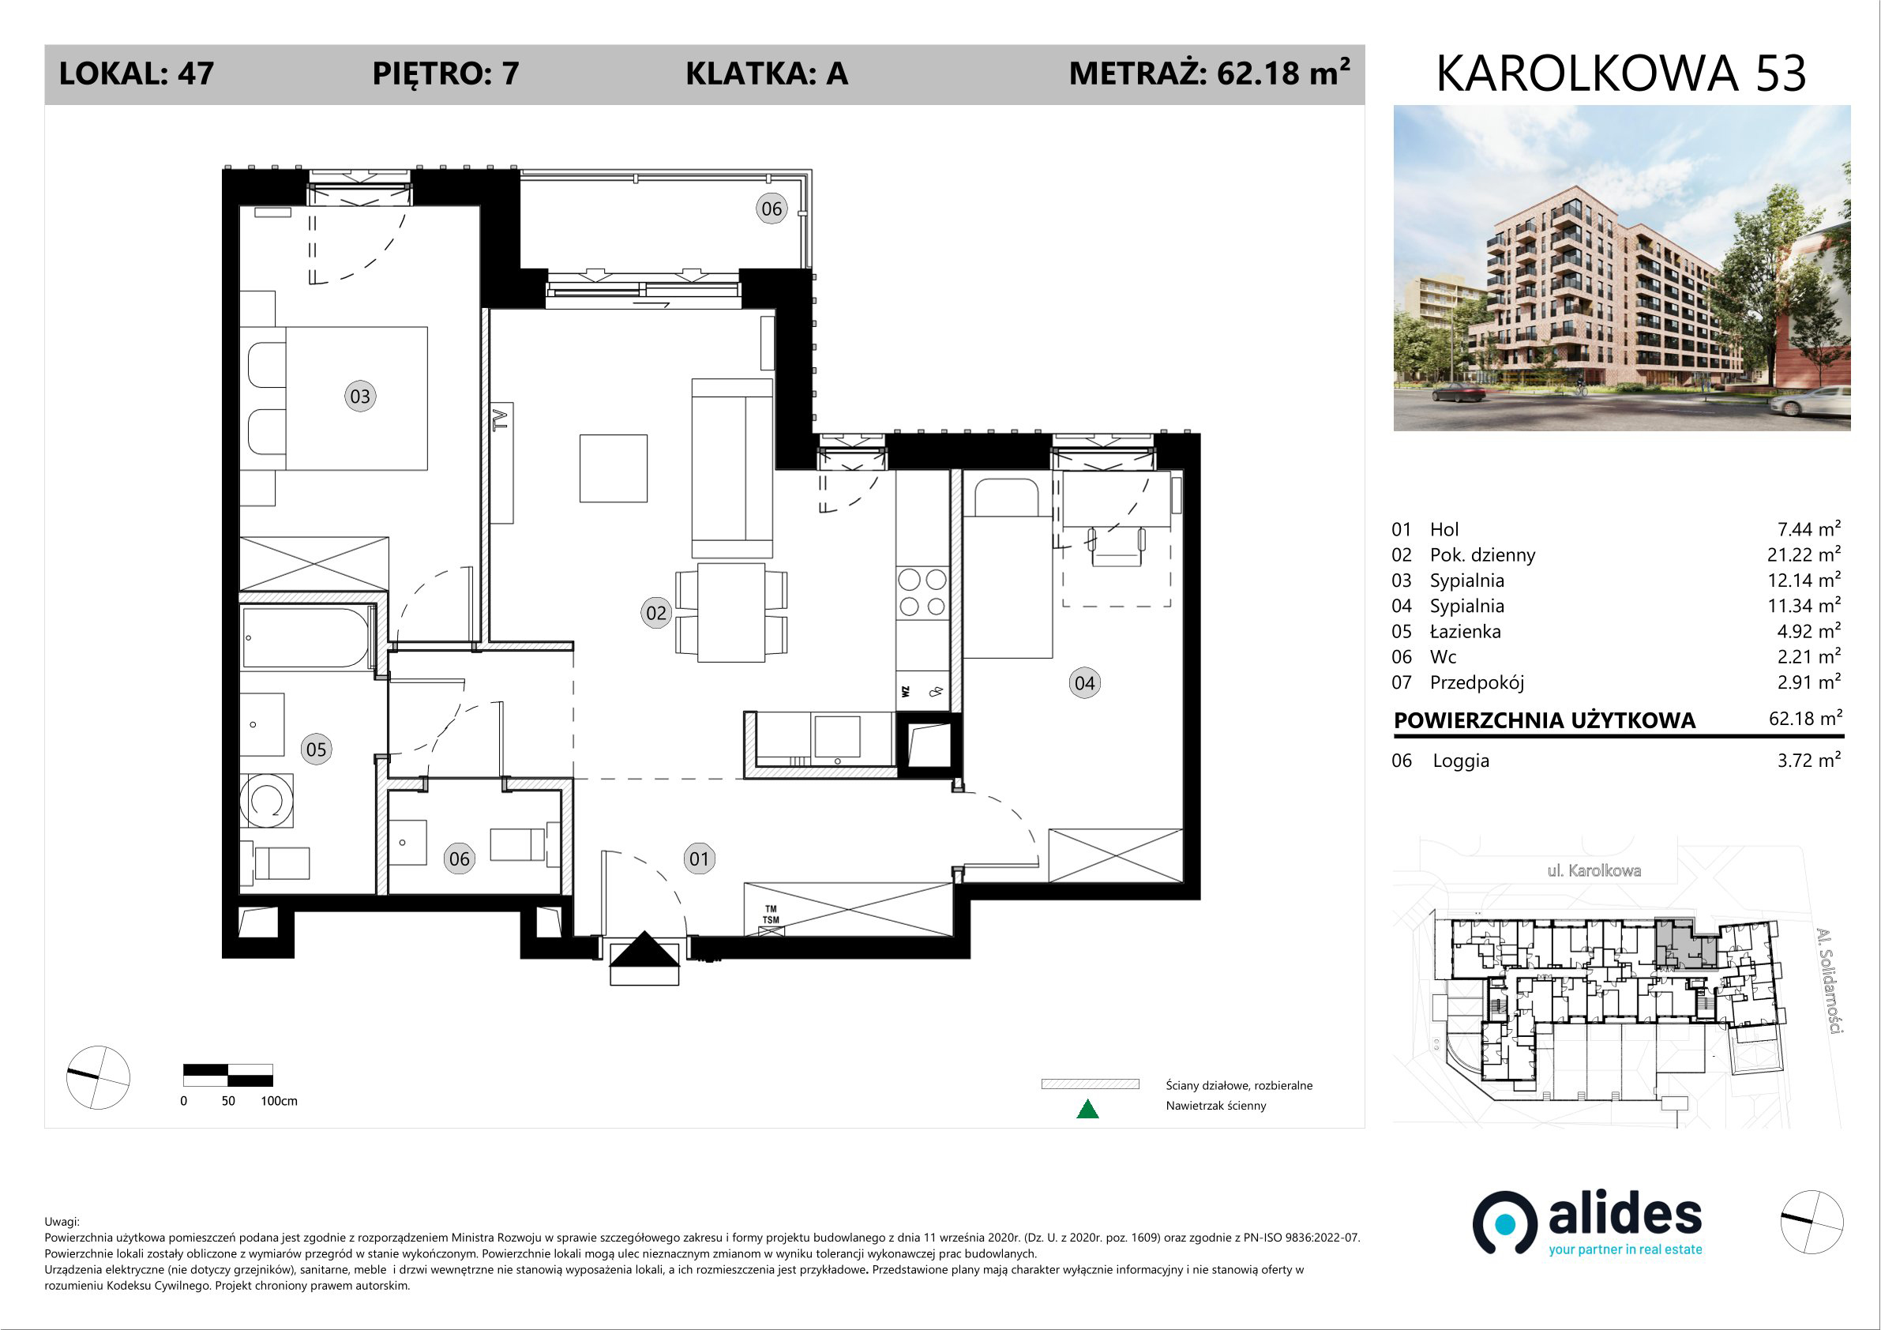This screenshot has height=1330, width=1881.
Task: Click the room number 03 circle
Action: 359,396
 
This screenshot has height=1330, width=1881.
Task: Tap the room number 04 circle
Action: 1084,682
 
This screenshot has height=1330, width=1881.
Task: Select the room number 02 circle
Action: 655,613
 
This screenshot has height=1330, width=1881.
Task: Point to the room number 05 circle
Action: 315,749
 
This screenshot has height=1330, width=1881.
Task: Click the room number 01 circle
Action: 698,858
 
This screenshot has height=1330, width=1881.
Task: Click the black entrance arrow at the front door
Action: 644,950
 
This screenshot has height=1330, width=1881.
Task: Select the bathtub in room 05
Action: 306,637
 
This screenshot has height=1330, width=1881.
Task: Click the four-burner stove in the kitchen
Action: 922,592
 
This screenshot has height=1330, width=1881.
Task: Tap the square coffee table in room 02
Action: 614,468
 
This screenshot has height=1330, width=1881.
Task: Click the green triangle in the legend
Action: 1087,1109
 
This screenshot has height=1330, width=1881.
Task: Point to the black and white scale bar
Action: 227,1074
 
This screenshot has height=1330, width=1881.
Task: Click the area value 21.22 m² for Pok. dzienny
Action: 1804,554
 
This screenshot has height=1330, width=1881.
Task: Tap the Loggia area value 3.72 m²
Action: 1809,760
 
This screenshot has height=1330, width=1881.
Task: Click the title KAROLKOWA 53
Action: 1621,73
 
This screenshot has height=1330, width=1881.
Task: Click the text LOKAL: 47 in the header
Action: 137,73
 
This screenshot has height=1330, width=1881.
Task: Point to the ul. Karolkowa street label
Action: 1594,870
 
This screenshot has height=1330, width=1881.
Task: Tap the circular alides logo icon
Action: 1505,1223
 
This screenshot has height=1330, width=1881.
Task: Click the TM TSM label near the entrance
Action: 771,915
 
